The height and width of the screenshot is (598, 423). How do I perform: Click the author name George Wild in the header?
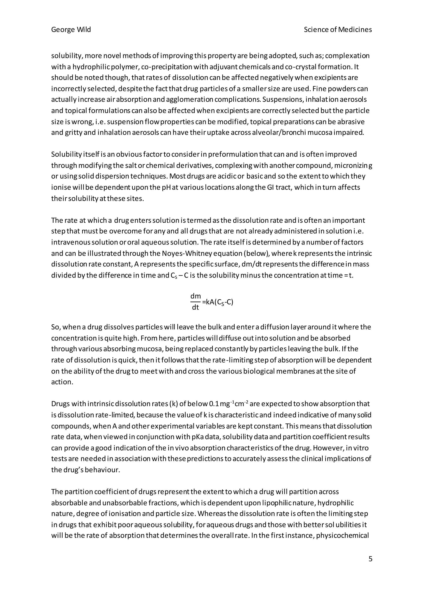(x=71, y=30)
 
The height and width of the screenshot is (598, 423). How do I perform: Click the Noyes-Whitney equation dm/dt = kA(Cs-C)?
(x=211, y=302)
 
